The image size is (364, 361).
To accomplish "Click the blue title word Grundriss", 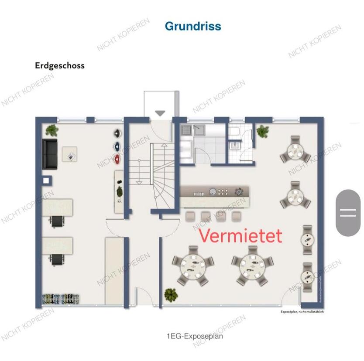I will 193,26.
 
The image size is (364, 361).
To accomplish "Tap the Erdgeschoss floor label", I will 60,66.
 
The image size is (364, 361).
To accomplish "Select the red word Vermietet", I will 240,236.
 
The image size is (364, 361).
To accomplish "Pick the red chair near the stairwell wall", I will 117,159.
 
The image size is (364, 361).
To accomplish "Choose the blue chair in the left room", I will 117,146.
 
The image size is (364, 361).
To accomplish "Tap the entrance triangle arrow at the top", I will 160,113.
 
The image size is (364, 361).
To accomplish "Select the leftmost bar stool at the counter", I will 190,216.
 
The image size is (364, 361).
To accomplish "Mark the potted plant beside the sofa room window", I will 52,130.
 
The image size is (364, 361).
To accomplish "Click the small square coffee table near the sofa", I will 70,153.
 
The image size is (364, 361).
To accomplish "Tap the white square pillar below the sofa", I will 46,180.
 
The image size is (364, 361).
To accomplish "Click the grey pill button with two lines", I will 348,213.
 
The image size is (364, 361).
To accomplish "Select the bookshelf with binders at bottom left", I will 61,299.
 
